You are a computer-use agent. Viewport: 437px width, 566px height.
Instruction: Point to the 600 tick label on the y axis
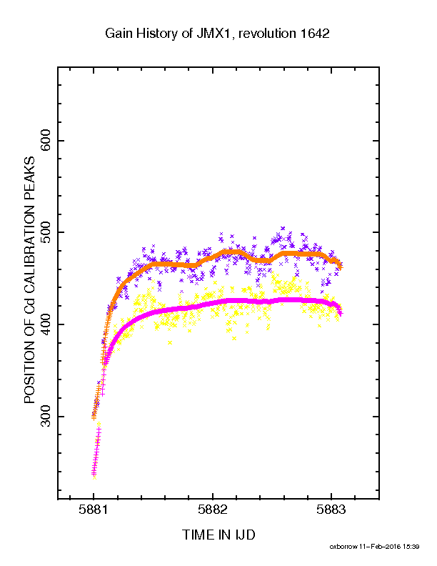pyautogui.click(x=46, y=141)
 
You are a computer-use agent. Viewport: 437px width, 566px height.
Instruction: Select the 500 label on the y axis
pyautogui.click(x=46, y=232)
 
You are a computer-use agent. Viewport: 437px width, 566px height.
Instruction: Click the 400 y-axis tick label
pyautogui.click(x=46, y=324)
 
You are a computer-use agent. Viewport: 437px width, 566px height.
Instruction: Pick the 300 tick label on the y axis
pyautogui.click(x=46, y=416)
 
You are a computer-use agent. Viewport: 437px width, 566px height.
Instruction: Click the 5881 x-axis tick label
pyautogui.click(x=94, y=510)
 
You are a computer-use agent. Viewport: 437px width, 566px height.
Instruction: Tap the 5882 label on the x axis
pyautogui.click(x=212, y=510)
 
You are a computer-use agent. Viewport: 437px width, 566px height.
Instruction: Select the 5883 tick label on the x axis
pyautogui.click(x=331, y=510)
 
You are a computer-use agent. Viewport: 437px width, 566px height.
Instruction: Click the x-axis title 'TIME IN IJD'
pyautogui.click(x=218, y=535)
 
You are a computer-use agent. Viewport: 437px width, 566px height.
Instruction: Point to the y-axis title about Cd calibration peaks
pyautogui.click(x=29, y=279)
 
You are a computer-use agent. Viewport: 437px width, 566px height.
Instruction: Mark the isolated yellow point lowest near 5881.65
pyautogui.click(x=170, y=342)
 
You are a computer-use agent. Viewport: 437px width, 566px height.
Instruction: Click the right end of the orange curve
pyautogui.click(x=341, y=267)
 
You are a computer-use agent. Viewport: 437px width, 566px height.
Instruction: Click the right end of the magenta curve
pyautogui.click(x=341, y=313)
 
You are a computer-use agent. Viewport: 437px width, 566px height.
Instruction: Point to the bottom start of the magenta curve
pyautogui.click(x=94, y=475)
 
